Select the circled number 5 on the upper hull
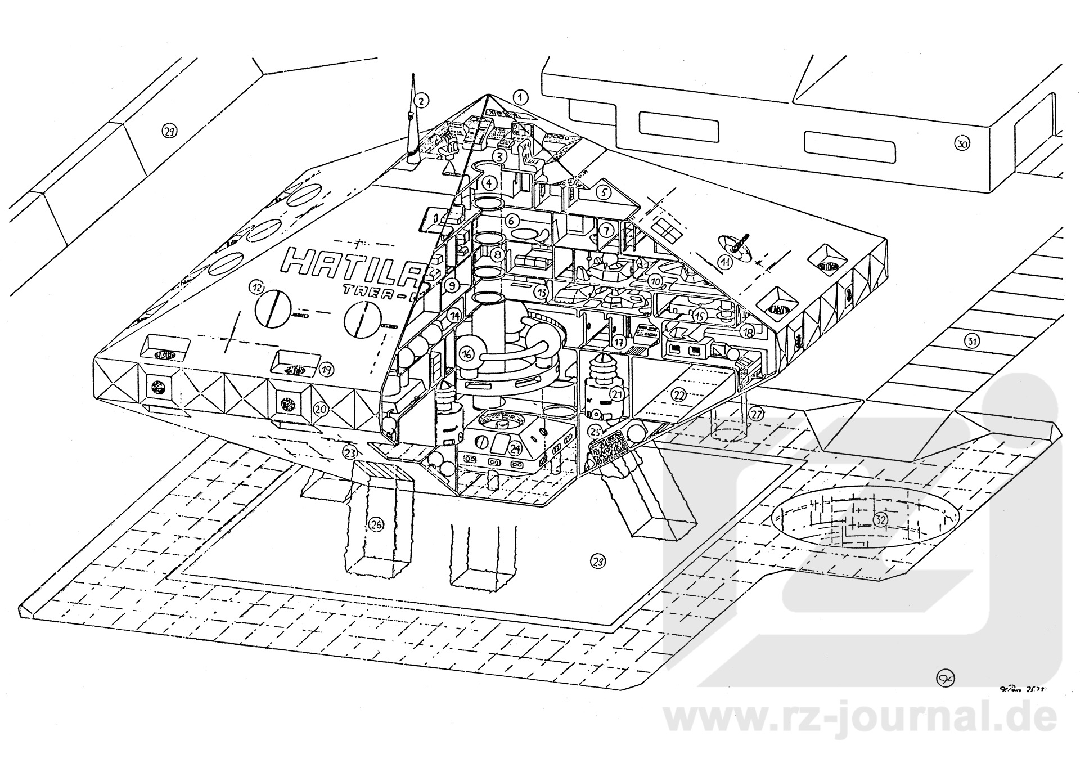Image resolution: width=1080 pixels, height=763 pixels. click(604, 192)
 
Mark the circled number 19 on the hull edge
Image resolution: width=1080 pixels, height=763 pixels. click(325, 369)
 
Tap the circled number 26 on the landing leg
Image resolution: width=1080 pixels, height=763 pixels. click(376, 524)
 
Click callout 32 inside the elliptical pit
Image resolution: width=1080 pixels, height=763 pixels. click(880, 520)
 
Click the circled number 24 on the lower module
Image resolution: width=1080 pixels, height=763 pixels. click(515, 448)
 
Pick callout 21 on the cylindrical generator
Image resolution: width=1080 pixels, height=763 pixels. click(618, 394)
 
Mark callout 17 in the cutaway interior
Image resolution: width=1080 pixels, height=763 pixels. click(619, 341)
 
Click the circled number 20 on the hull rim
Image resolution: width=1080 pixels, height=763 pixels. click(321, 409)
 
